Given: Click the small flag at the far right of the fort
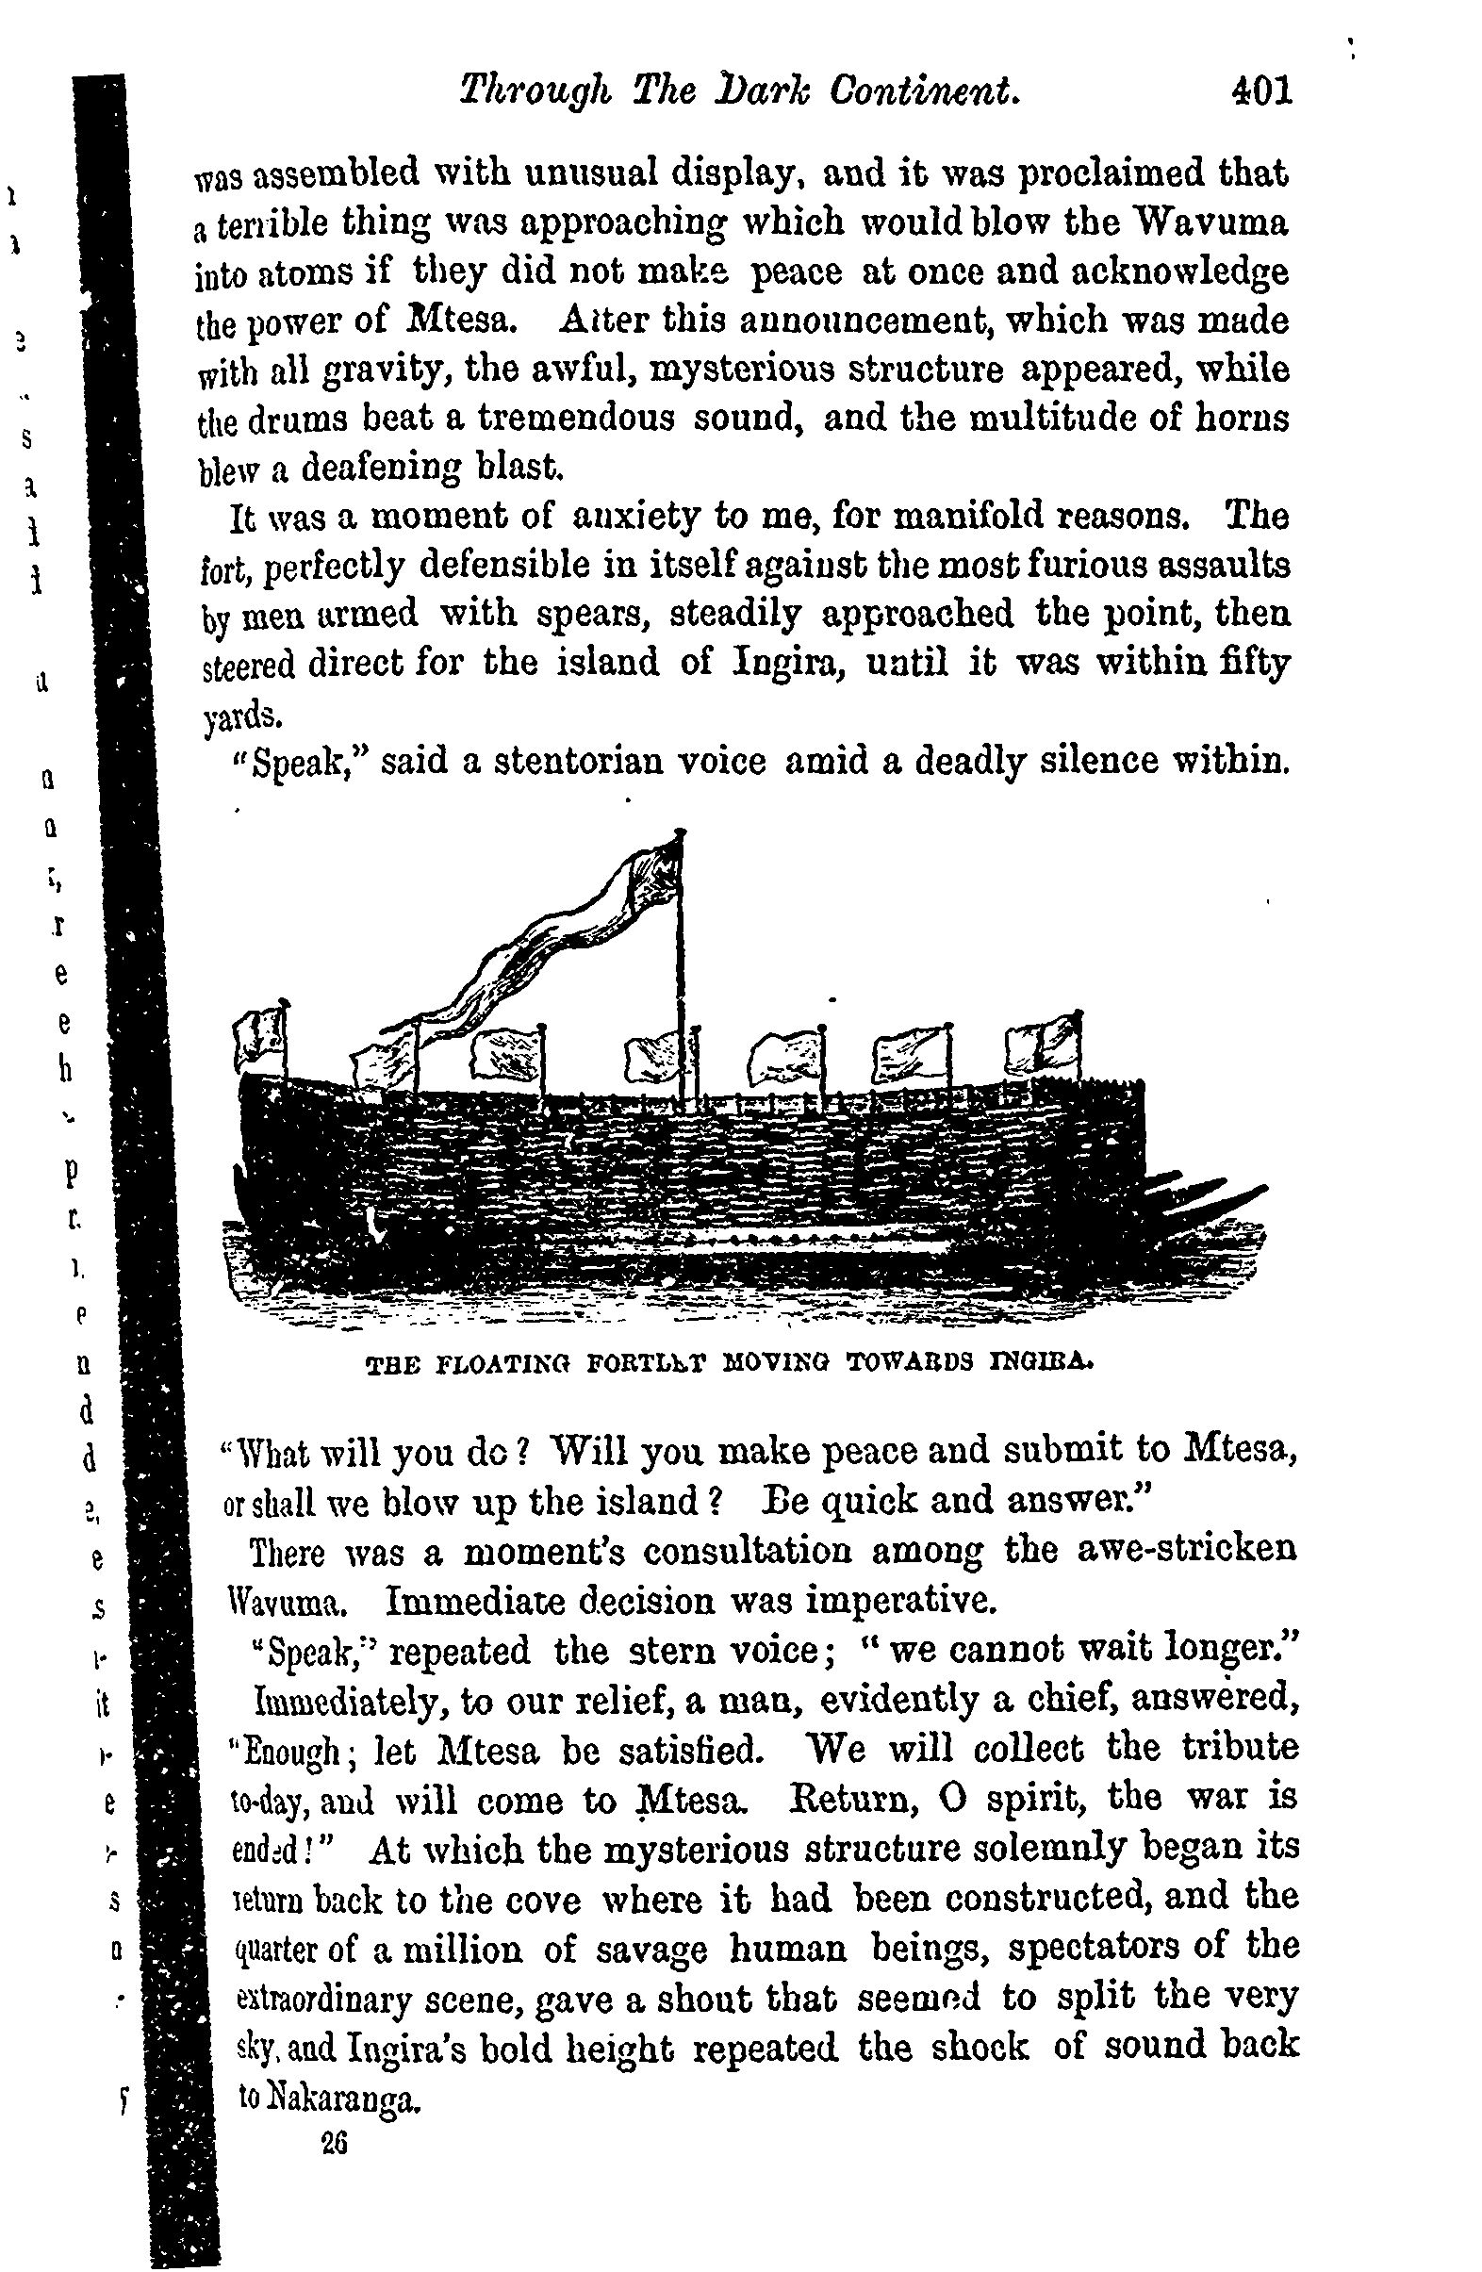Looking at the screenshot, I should [1043, 1045].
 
